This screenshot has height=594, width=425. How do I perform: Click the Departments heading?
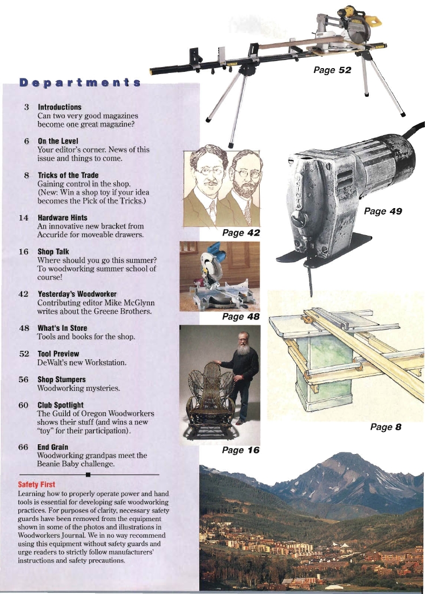(80, 83)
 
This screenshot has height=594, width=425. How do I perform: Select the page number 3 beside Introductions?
(26, 107)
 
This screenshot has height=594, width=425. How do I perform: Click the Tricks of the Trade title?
(69, 176)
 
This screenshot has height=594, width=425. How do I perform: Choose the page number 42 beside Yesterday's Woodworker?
(23, 294)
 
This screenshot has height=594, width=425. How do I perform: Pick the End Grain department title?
(53, 447)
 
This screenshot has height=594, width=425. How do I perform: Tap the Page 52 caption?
(333, 70)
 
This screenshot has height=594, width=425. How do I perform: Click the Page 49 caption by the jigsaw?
(383, 211)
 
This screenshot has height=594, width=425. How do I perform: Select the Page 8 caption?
(386, 427)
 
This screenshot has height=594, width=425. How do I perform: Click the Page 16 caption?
(241, 450)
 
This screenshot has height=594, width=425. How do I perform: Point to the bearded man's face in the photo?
(245, 341)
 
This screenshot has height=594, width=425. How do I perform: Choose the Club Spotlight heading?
(60, 405)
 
